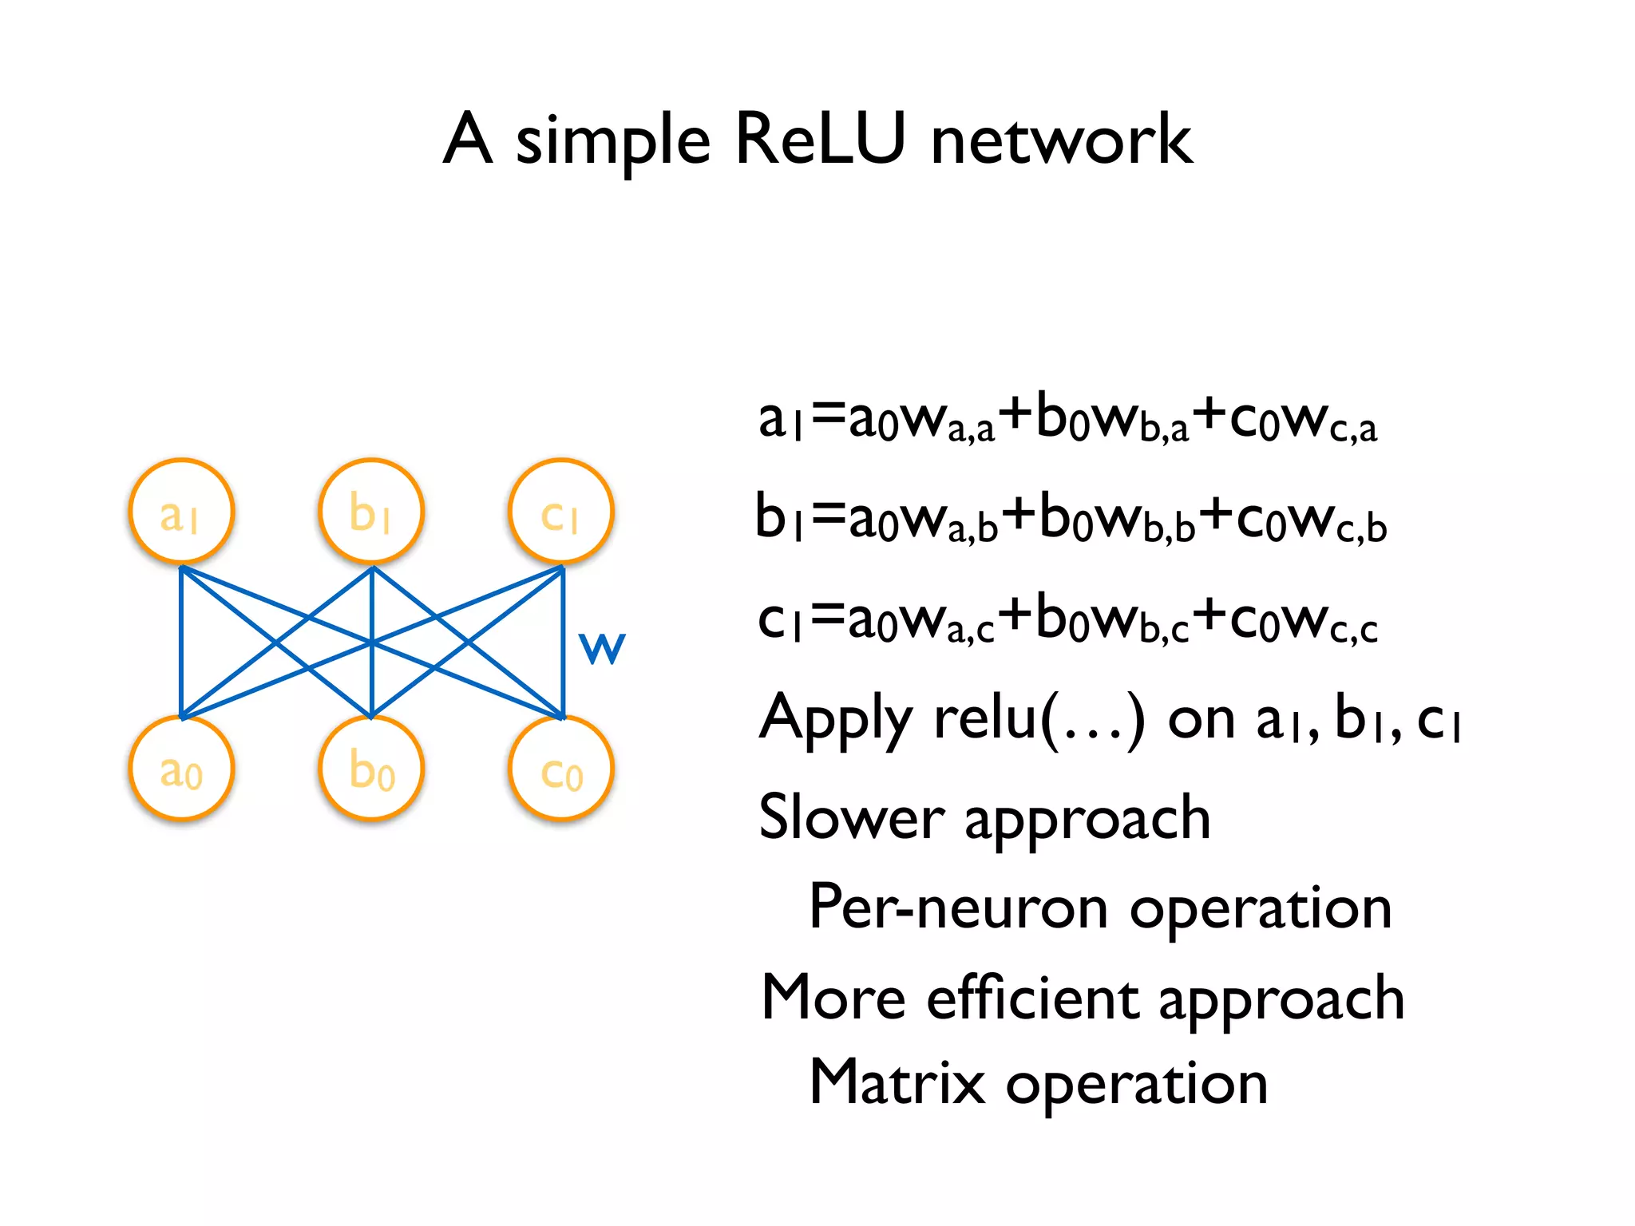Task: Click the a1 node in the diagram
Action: click(x=181, y=511)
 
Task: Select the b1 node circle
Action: click(x=371, y=511)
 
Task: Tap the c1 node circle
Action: click(x=561, y=511)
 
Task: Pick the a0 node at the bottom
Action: click(x=181, y=769)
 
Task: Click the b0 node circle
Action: click(x=371, y=769)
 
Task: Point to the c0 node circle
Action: click(x=561, y=769)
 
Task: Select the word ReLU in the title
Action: click(x=821, y=140)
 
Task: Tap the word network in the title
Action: click(x=1061, y=140)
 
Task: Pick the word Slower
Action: click(x=851, y=817)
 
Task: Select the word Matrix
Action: click(x=897, y=1082)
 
